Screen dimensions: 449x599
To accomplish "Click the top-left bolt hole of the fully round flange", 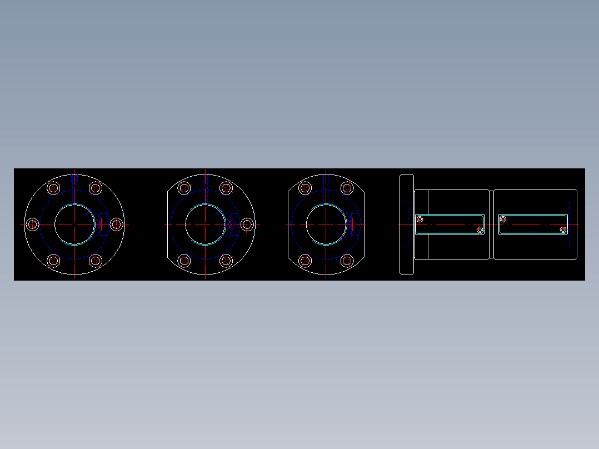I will (x=54, y=188).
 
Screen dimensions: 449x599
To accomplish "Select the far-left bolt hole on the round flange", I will (x=33, y=224).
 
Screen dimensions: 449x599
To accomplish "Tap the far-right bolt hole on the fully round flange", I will (x=117, y=224).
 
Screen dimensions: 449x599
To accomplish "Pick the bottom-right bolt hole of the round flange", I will (x=96, y=260).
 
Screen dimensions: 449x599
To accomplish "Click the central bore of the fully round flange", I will (x=74, y=224).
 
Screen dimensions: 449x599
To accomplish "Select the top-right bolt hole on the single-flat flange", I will (x=226, y=188).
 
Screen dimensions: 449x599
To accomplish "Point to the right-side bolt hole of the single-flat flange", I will (x=247, y=224).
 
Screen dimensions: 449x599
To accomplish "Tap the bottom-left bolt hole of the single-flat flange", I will (x=184, y=260).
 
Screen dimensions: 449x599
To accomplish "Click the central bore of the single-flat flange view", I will (x=206, y=224).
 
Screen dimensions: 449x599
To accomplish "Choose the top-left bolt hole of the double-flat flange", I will (x=305, y=188).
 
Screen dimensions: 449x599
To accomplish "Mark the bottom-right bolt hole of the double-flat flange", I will (x=347, y=260).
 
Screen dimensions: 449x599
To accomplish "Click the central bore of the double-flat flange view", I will (x=326, y=224).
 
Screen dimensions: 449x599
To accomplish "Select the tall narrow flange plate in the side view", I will (x=407, y=224).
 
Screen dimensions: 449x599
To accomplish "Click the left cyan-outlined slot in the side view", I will (x=450, y=225).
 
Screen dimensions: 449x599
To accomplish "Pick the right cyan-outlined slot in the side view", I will (x=533, y=225).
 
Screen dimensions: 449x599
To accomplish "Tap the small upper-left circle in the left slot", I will (x=420, y=219).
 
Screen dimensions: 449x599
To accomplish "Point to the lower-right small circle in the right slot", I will (x=563, y=230).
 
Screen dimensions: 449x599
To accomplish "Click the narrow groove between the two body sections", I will (x=491, y=224).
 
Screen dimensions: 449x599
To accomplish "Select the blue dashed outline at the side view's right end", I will (x=572, y=224).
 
